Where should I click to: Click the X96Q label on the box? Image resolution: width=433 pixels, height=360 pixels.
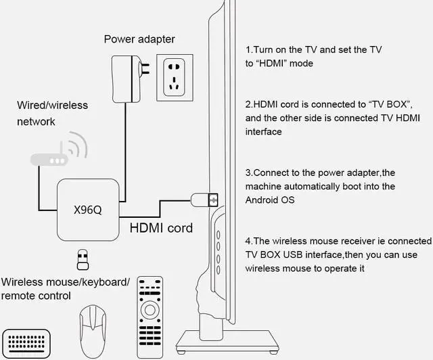87,210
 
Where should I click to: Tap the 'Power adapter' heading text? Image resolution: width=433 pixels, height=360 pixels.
139,39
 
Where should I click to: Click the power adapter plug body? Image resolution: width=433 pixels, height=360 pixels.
126,79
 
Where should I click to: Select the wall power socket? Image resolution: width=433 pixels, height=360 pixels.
175,78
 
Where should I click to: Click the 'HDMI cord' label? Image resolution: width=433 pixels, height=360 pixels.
161,228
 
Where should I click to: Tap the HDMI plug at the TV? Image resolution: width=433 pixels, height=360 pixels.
204,200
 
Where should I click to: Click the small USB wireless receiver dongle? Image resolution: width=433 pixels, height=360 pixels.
83,260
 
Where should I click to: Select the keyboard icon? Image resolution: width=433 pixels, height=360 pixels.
26,344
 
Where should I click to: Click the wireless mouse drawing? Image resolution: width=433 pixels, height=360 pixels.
93,332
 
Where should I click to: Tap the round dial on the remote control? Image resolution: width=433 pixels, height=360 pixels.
150,310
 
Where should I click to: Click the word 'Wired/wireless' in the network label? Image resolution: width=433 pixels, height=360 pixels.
53,106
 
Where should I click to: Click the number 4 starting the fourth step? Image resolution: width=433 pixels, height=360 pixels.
248,241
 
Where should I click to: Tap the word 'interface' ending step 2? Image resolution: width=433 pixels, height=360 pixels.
263,131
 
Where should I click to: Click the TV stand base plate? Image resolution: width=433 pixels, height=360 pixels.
227,341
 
